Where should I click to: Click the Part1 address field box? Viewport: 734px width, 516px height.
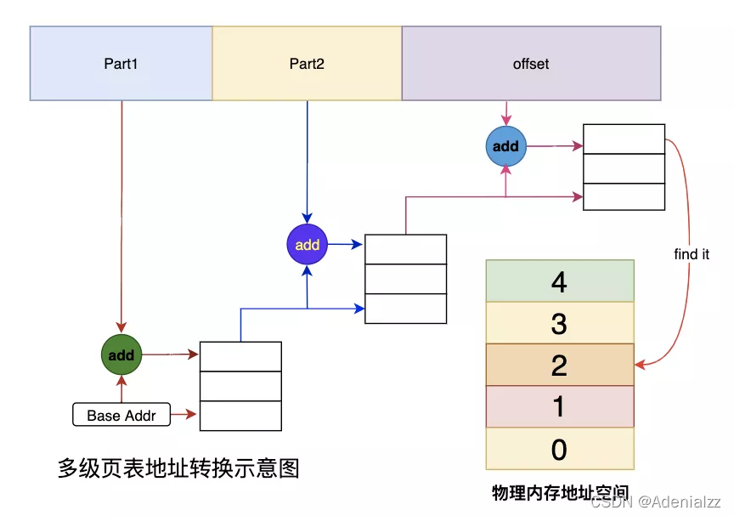pos(121,64)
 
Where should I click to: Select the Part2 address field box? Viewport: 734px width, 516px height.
pos(307,64)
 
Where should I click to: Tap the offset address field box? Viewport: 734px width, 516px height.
pos(531,64)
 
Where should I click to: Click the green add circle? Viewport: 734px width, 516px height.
pos(121,355)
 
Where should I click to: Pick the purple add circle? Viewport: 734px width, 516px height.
pos(307,245)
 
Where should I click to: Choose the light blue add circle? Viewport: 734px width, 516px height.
pos(505,146)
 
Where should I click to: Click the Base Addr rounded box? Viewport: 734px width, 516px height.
pos(121,416)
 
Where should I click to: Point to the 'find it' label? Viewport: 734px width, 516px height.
pos(691,254)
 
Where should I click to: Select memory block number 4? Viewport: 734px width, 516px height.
pos(559,281)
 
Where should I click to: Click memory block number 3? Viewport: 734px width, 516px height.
pos(559,323)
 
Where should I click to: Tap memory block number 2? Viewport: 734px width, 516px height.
pos(559,365)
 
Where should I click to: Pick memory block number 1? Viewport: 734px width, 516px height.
pos(559,406)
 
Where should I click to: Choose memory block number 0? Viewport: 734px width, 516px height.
pos(559,448)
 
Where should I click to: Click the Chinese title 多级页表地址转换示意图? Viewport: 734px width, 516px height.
pos(178,468)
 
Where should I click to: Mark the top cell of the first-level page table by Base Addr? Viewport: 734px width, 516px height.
pos(240,356)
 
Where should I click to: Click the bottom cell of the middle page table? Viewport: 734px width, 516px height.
pos(405,308)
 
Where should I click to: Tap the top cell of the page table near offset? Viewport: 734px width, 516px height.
pos(624,139)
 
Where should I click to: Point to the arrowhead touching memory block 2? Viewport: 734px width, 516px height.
pos(639,366)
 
